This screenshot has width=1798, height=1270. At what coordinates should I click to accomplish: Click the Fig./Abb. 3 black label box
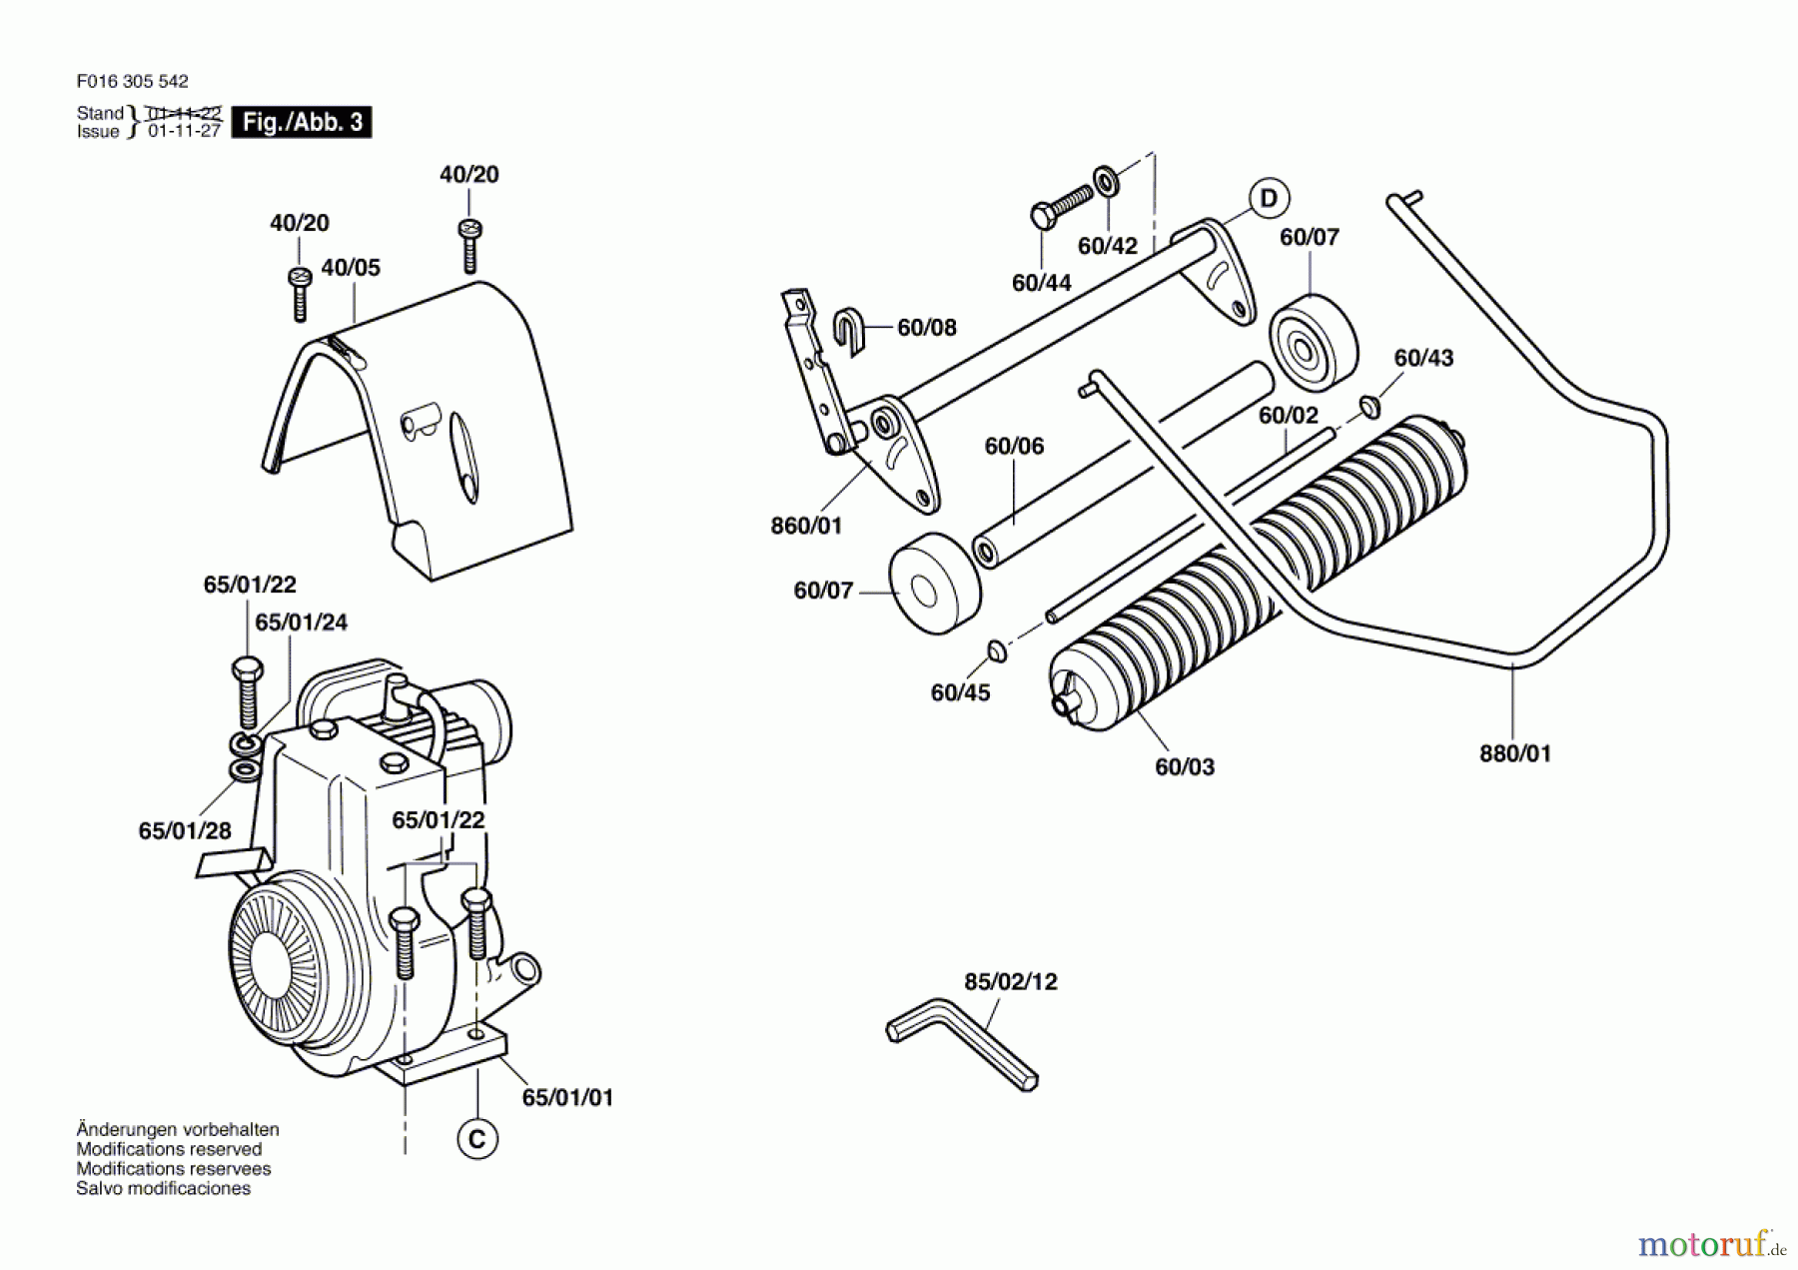pyautogui.click(x=302, y=122)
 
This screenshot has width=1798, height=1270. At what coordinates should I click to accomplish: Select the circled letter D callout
pyautogui.click(x=1269, y=198)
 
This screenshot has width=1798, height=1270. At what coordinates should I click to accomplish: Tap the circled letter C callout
pyautogui.click(x=477, y=1139)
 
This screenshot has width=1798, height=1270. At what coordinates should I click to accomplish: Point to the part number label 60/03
pyautogui.click(x=1185, y=766)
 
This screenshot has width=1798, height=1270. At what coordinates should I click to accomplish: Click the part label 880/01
pyautogui.click(x=1515, y=753)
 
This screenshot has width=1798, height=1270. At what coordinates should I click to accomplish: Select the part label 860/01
pyautogui.click(x=806, y=526)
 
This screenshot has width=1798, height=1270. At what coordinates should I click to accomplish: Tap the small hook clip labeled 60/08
pyautogui.click(x=848, y=331)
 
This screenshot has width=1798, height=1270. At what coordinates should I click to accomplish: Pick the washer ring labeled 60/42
pyautogui.click(x=1106, y=183)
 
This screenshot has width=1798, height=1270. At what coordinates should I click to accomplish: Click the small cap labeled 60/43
pyautogui.click(x=1368, y=406)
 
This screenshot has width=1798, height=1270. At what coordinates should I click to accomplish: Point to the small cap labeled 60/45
pyautogui.click(x=996, y=651)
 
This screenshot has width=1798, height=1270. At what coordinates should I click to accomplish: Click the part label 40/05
pyautogui.click(x=351, y=268)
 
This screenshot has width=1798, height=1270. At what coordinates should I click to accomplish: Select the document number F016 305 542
pyautogui.click(x=132, y=81)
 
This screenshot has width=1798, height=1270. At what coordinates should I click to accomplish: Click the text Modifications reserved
pyautogui.click(x=169, y=1149)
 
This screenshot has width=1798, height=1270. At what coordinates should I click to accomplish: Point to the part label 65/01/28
pyautogui.click(x=185, y=830)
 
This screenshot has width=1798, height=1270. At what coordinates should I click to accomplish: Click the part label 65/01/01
pyautogui.click(x=567, y=1097)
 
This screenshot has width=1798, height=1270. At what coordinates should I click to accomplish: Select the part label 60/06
pyautogui.click(x=1014, y=446)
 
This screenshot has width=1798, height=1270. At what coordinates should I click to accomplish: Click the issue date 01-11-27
pyautogui.click(x=184, y=131)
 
